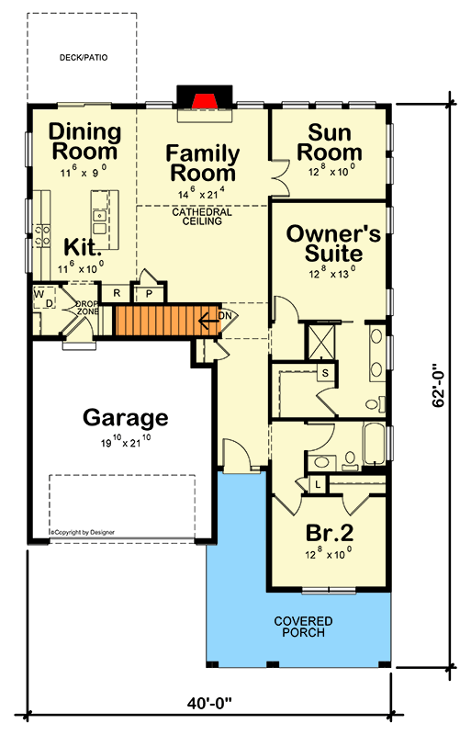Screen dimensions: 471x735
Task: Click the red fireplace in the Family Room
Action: (204, 100)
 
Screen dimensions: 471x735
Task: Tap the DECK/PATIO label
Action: (84, 58)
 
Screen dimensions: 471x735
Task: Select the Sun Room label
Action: (330, 143)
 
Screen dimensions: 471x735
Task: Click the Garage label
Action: (125, 417)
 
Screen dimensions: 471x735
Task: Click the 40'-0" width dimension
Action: (209, 703)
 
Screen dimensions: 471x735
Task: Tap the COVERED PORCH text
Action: (303, 627)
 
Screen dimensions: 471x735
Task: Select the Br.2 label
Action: (330, 533)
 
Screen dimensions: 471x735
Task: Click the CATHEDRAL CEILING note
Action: (202, 216)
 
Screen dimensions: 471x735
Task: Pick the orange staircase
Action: (167, 320)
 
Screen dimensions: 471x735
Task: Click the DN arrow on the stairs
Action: (209, 321)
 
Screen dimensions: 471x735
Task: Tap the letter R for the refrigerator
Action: (118, 293)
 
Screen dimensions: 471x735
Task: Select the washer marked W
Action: (39, 294)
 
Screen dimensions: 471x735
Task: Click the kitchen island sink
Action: (99, 222)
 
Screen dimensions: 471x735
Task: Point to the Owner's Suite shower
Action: (320, 342)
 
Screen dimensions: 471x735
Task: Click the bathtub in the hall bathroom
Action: (374, 444)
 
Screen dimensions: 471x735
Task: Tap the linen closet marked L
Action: (319, 484)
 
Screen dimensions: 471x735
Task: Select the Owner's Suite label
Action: (333, 243)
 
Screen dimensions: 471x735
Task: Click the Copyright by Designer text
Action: (83, 532)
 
